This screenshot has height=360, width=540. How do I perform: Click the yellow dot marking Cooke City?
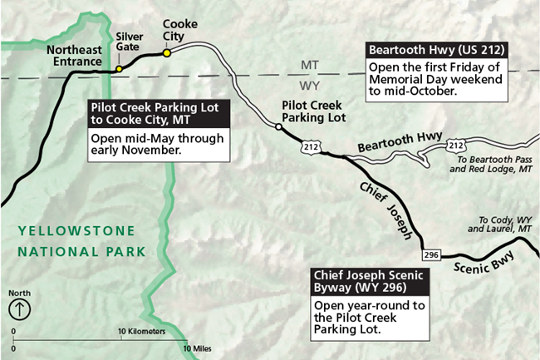point(167,52)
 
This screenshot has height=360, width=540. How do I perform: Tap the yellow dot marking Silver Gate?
point(119,68)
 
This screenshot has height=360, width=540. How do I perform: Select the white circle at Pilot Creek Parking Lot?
point(277,126)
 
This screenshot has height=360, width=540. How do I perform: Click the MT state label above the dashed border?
point(307,65)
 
